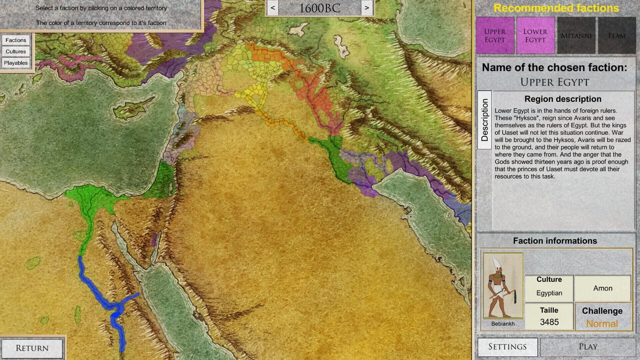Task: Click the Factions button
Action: point(16,40)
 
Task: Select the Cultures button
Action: point(16,52)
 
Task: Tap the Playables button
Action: point(16,63)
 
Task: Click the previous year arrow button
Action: point(273,8)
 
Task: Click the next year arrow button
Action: point(367,8)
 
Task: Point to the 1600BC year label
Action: point(320,8)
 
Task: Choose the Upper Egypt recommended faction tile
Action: point(495,35)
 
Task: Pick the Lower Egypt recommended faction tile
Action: point(535,35)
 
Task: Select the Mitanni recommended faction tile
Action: point(576,35)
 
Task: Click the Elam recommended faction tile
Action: point(617,35)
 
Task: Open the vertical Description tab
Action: point(485,120)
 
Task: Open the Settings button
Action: point(507,347)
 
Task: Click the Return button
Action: point(32,348)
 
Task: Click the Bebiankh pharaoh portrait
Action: point(503,286)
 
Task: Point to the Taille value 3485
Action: point(549,322)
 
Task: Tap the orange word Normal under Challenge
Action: point(602,323)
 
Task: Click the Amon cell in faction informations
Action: point(603,288)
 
